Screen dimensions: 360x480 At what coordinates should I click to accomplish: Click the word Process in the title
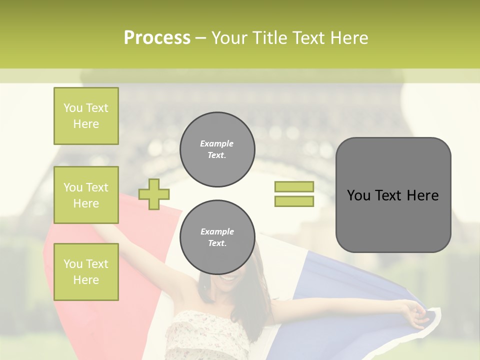pyautogui.click(x=157, y=38)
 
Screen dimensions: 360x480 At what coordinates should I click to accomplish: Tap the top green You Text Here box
pyautogui.click(x=86, y=116)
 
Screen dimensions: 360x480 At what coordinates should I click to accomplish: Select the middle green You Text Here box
pyautogui.click(x=86, y=195)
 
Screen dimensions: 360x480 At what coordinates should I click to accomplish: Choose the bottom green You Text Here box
pyautogui.click(x=86, y=271)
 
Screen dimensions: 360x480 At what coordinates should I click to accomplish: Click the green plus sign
pyautogui.click(x=154, y=194)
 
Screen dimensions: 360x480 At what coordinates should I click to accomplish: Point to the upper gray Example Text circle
pyautogui.click(x=217, y=149)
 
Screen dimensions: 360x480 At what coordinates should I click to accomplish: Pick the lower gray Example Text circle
pyautogui.click(x=217, y=237)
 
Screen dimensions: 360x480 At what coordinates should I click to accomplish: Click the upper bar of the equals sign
pyautogui.click(x=294, y=186)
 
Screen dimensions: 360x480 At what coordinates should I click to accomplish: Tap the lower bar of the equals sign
pyautogui.click(x=294, y=201)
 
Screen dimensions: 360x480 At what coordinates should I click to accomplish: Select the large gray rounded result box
pyautogui.click(x=393, y=195)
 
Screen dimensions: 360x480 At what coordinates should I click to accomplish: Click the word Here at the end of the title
pyautogui.click(x=348, y=38)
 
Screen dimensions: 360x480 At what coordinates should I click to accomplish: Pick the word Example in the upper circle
pyautogui.click(x=217, y=143)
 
